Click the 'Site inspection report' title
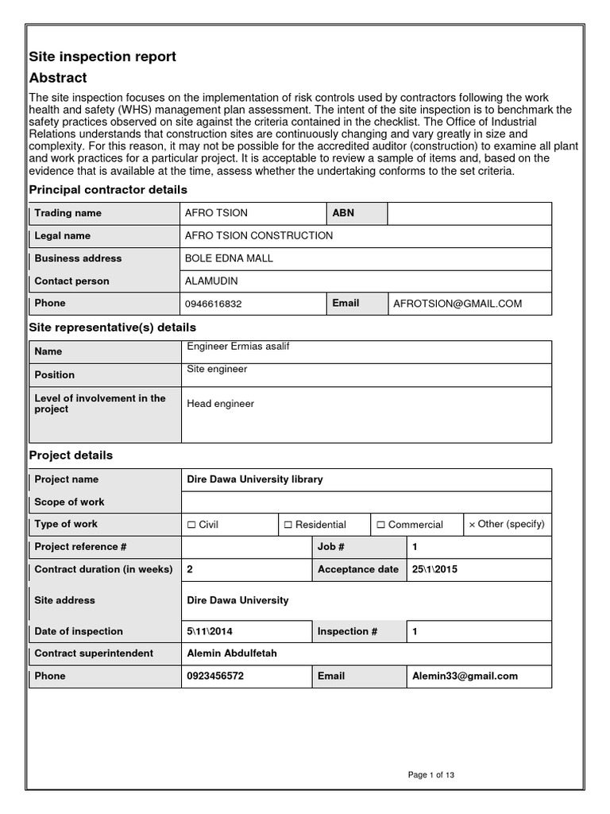[x=102, y=56]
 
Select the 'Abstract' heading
[x=58, y=78]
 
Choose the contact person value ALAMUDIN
[x=210, y=281]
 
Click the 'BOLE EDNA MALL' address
[x=229, y=258]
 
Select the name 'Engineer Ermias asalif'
[x=237, y=347]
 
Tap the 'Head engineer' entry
[x=220, y=404]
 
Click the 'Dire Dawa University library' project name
[x=254, y=479]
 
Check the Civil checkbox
[x=191, y=525]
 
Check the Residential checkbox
[x=288, y=525]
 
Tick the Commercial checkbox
[x=381, y=525]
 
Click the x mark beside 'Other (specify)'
[x=472, y=525]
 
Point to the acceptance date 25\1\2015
[x=434, y=569]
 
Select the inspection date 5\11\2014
[x=210, y=631]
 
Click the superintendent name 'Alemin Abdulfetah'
[x=231, y=653]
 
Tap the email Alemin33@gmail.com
[x=465, y=676]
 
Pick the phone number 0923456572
[x=216, y=676]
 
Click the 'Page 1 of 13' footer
[x=431, y=775]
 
